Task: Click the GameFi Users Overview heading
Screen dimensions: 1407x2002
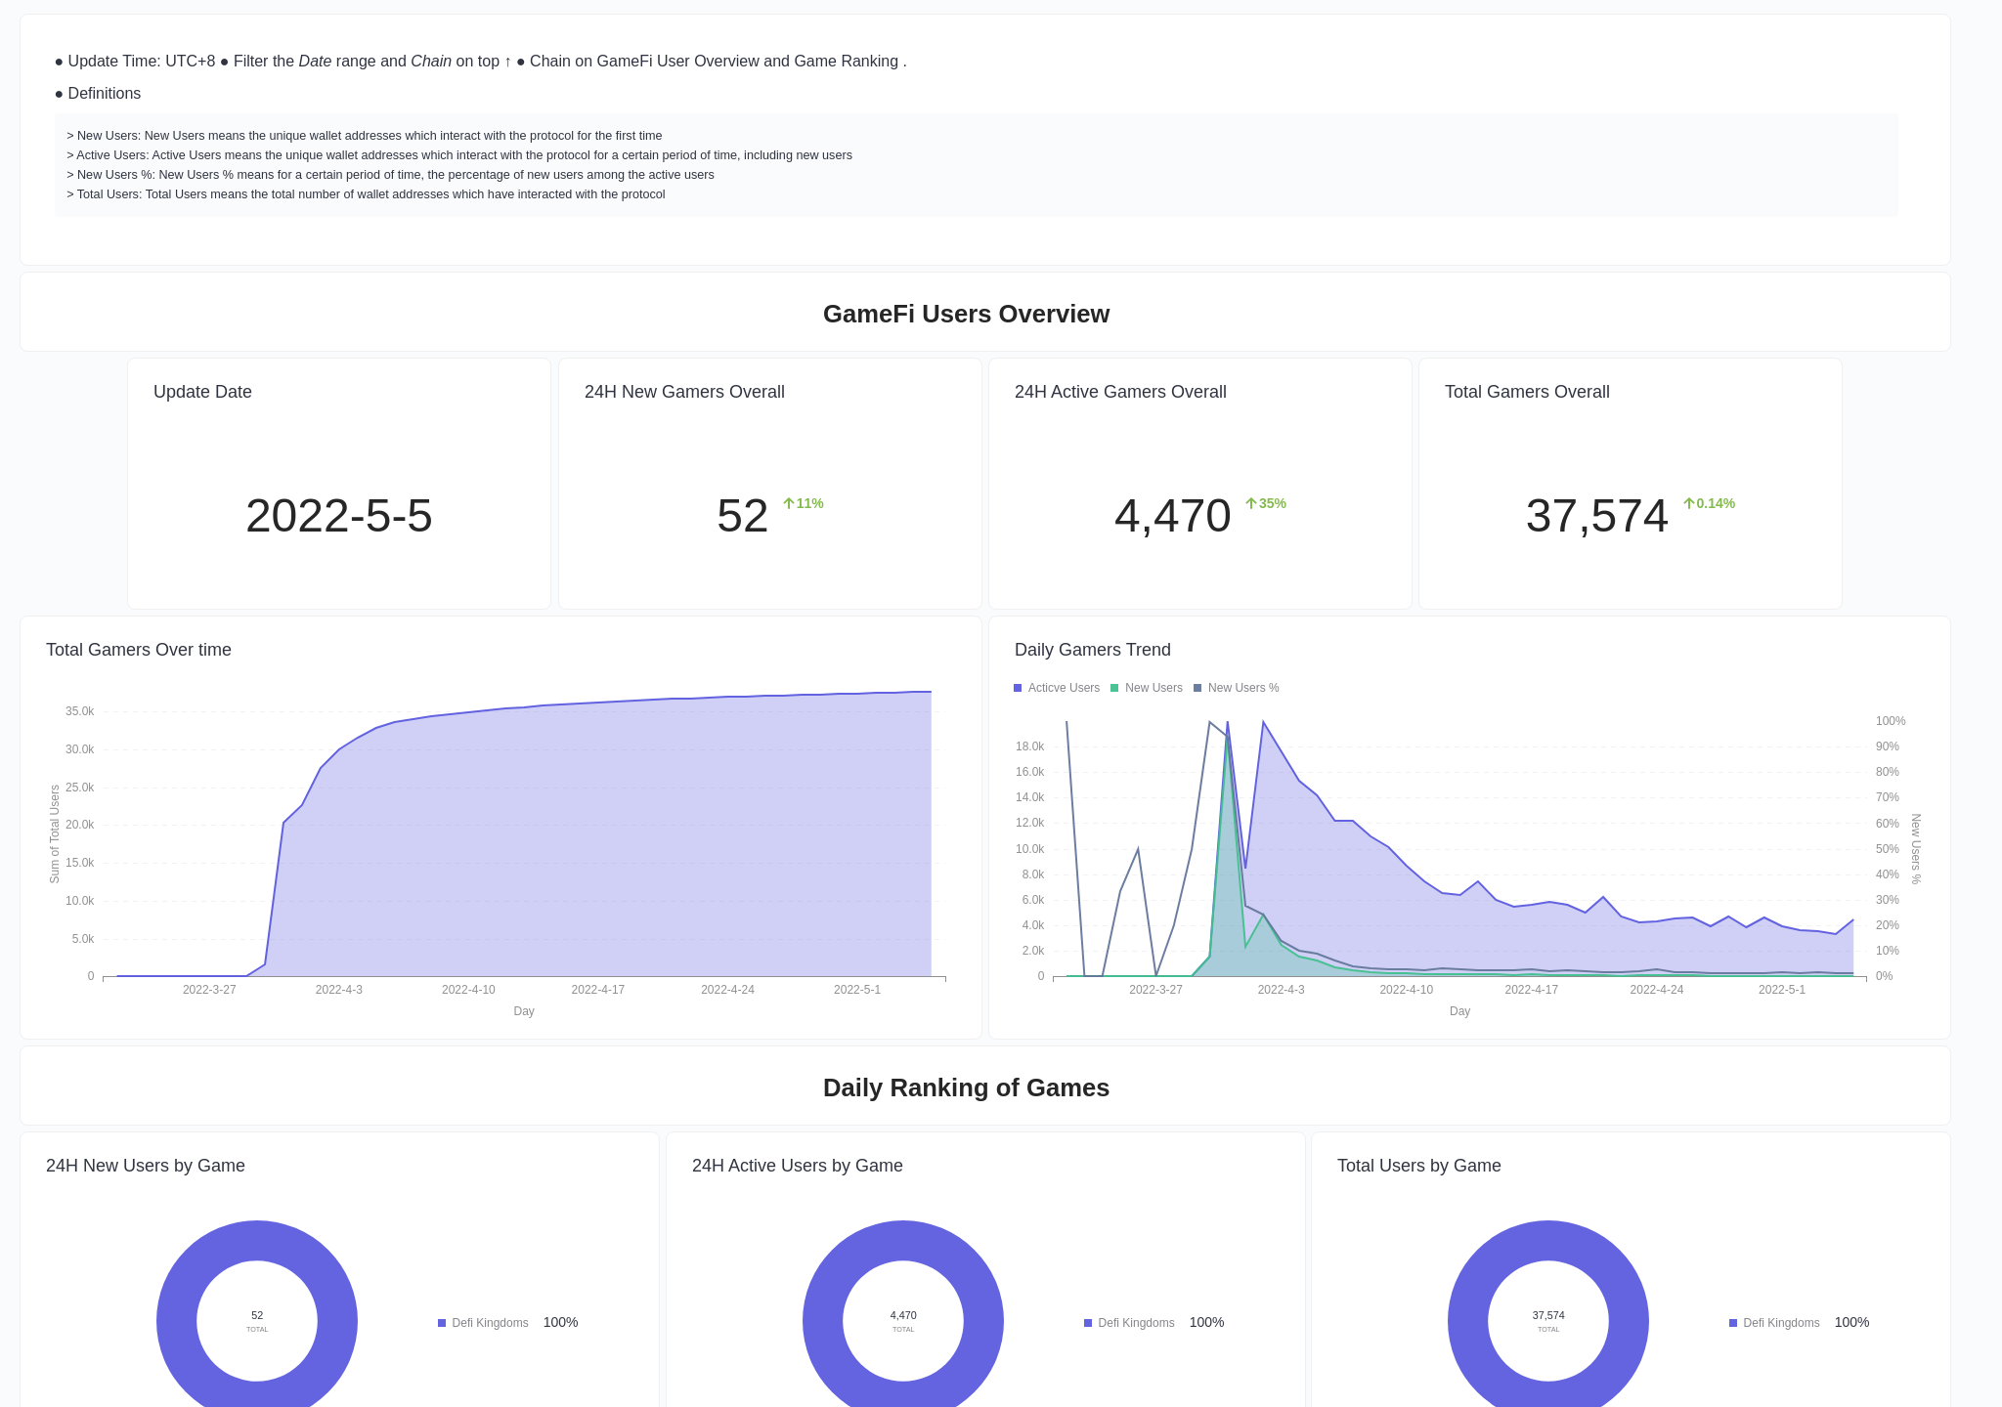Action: coord(966,314)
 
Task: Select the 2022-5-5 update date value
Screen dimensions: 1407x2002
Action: coord(338,516)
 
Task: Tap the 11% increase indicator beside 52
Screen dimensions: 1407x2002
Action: coord(804,503)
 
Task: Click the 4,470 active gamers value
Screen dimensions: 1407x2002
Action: coord(1172,516)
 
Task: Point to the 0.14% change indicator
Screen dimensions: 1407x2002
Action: coord(1709,503)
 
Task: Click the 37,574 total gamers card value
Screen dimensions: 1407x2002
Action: coord(1596,516)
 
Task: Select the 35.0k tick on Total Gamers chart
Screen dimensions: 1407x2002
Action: coord(79,711)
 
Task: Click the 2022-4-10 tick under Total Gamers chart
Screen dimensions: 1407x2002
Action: coord(468,990)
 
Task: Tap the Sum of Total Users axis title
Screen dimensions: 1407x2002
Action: coord(55,833)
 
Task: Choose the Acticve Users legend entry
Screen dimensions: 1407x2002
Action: coord(1057,688)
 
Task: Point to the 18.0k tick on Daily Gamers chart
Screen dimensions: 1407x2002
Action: coord(1029,746)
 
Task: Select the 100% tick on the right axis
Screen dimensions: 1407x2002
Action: coord(1890,721)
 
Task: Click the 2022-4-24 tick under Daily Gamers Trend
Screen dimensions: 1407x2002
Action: coord(1656,990)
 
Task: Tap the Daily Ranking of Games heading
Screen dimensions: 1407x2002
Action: coord(966,1087)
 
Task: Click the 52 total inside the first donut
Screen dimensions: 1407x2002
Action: coord(257,1316)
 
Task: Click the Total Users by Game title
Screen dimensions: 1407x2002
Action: coord(1418,1166)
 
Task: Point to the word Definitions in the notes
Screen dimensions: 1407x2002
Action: coord(104,94)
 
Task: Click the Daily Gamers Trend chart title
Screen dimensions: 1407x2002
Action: coord(1092,650)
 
